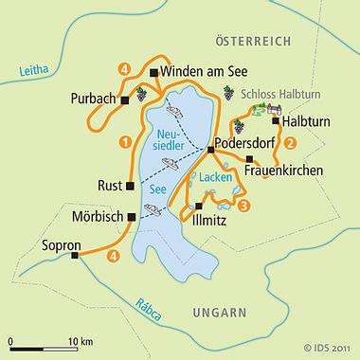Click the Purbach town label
(x=93, y=99)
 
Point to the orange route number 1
(x=124, y=142)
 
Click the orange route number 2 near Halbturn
(x=291, y=143)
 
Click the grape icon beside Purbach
(x=141, y=95)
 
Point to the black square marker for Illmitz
(x=199, y=206)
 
